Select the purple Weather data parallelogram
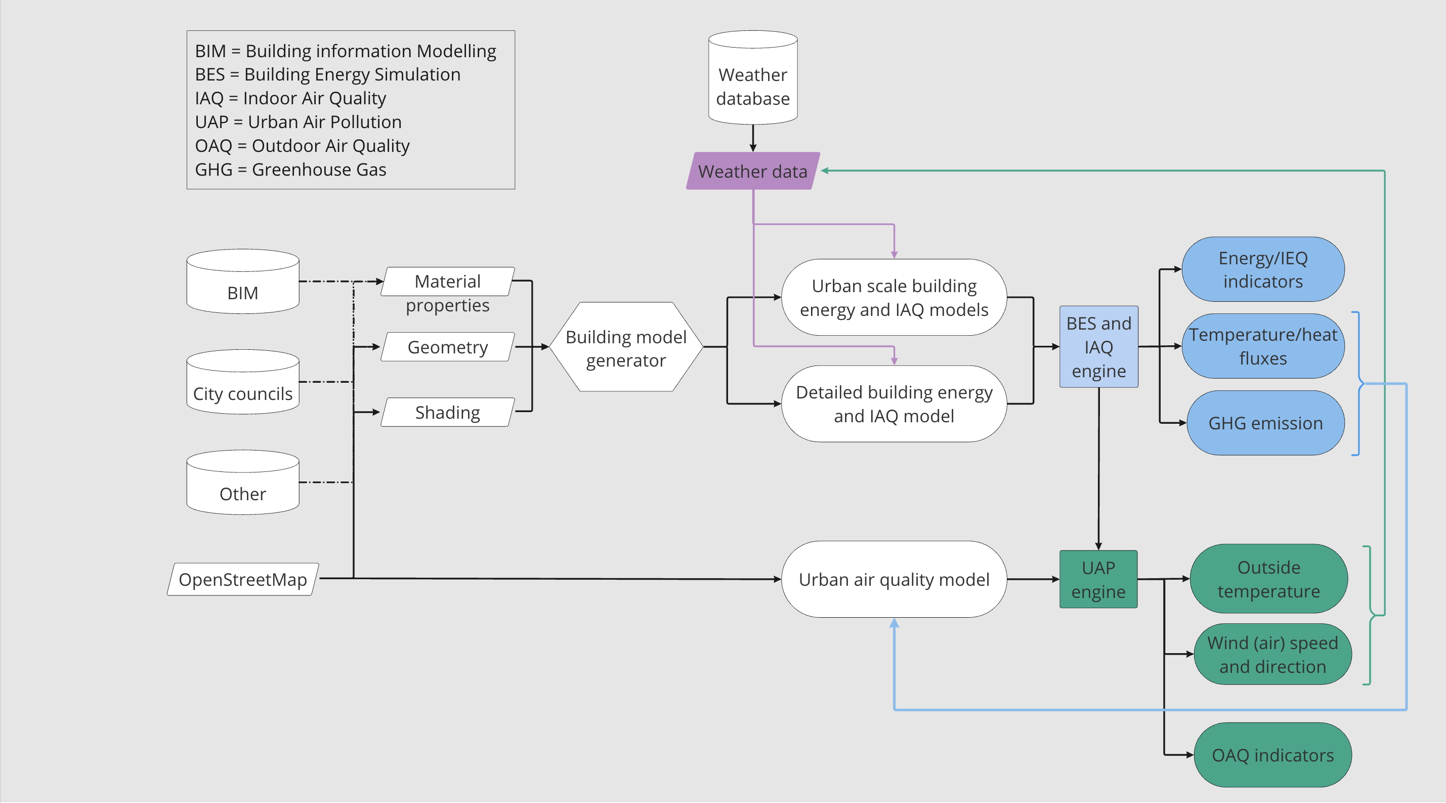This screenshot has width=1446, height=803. [753, 171]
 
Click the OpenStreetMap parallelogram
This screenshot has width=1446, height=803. [242, 579]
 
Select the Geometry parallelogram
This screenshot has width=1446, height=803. [447, 347]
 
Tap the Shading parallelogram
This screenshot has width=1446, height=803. [447, 412]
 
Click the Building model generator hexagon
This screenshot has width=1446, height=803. [626, 347]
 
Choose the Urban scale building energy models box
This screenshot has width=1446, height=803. [894, 298]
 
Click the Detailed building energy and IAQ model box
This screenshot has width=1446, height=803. [894, 404]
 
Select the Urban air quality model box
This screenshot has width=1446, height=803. [894, 579]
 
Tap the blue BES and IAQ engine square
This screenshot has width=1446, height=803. [1098, 347]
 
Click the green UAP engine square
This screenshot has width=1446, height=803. [1098, 579]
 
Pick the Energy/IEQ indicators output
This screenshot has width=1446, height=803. [1262, 269]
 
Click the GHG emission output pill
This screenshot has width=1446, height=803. [1265, 423]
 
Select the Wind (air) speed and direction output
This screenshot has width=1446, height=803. [1272, 654]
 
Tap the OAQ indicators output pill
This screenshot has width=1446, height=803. [1272, 755]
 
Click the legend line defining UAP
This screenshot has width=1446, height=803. [298, 122]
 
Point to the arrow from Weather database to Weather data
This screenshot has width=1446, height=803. [753, 138]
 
